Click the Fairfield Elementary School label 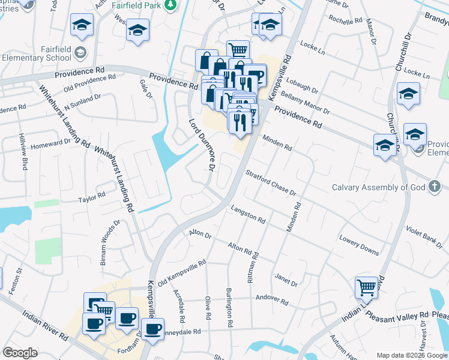[x=39, y=53]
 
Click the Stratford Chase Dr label [x=271, y=182]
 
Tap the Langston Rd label [x=247, y=214]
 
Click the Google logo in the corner [x=19, y=353]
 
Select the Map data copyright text [x=412, y=355]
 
